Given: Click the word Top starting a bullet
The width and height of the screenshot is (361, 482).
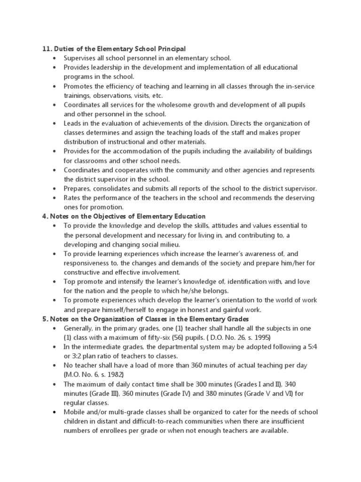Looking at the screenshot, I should coord(70,281).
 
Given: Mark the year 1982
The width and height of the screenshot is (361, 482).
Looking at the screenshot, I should coord(114,374).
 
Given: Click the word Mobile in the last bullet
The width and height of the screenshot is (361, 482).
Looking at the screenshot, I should coord(75,412).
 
